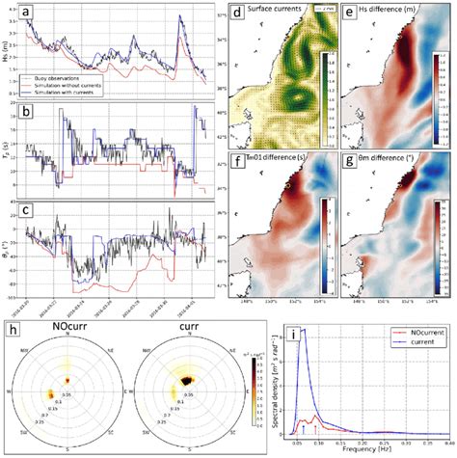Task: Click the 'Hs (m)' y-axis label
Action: pos(9,48)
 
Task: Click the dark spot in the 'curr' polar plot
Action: pos(178,383)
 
